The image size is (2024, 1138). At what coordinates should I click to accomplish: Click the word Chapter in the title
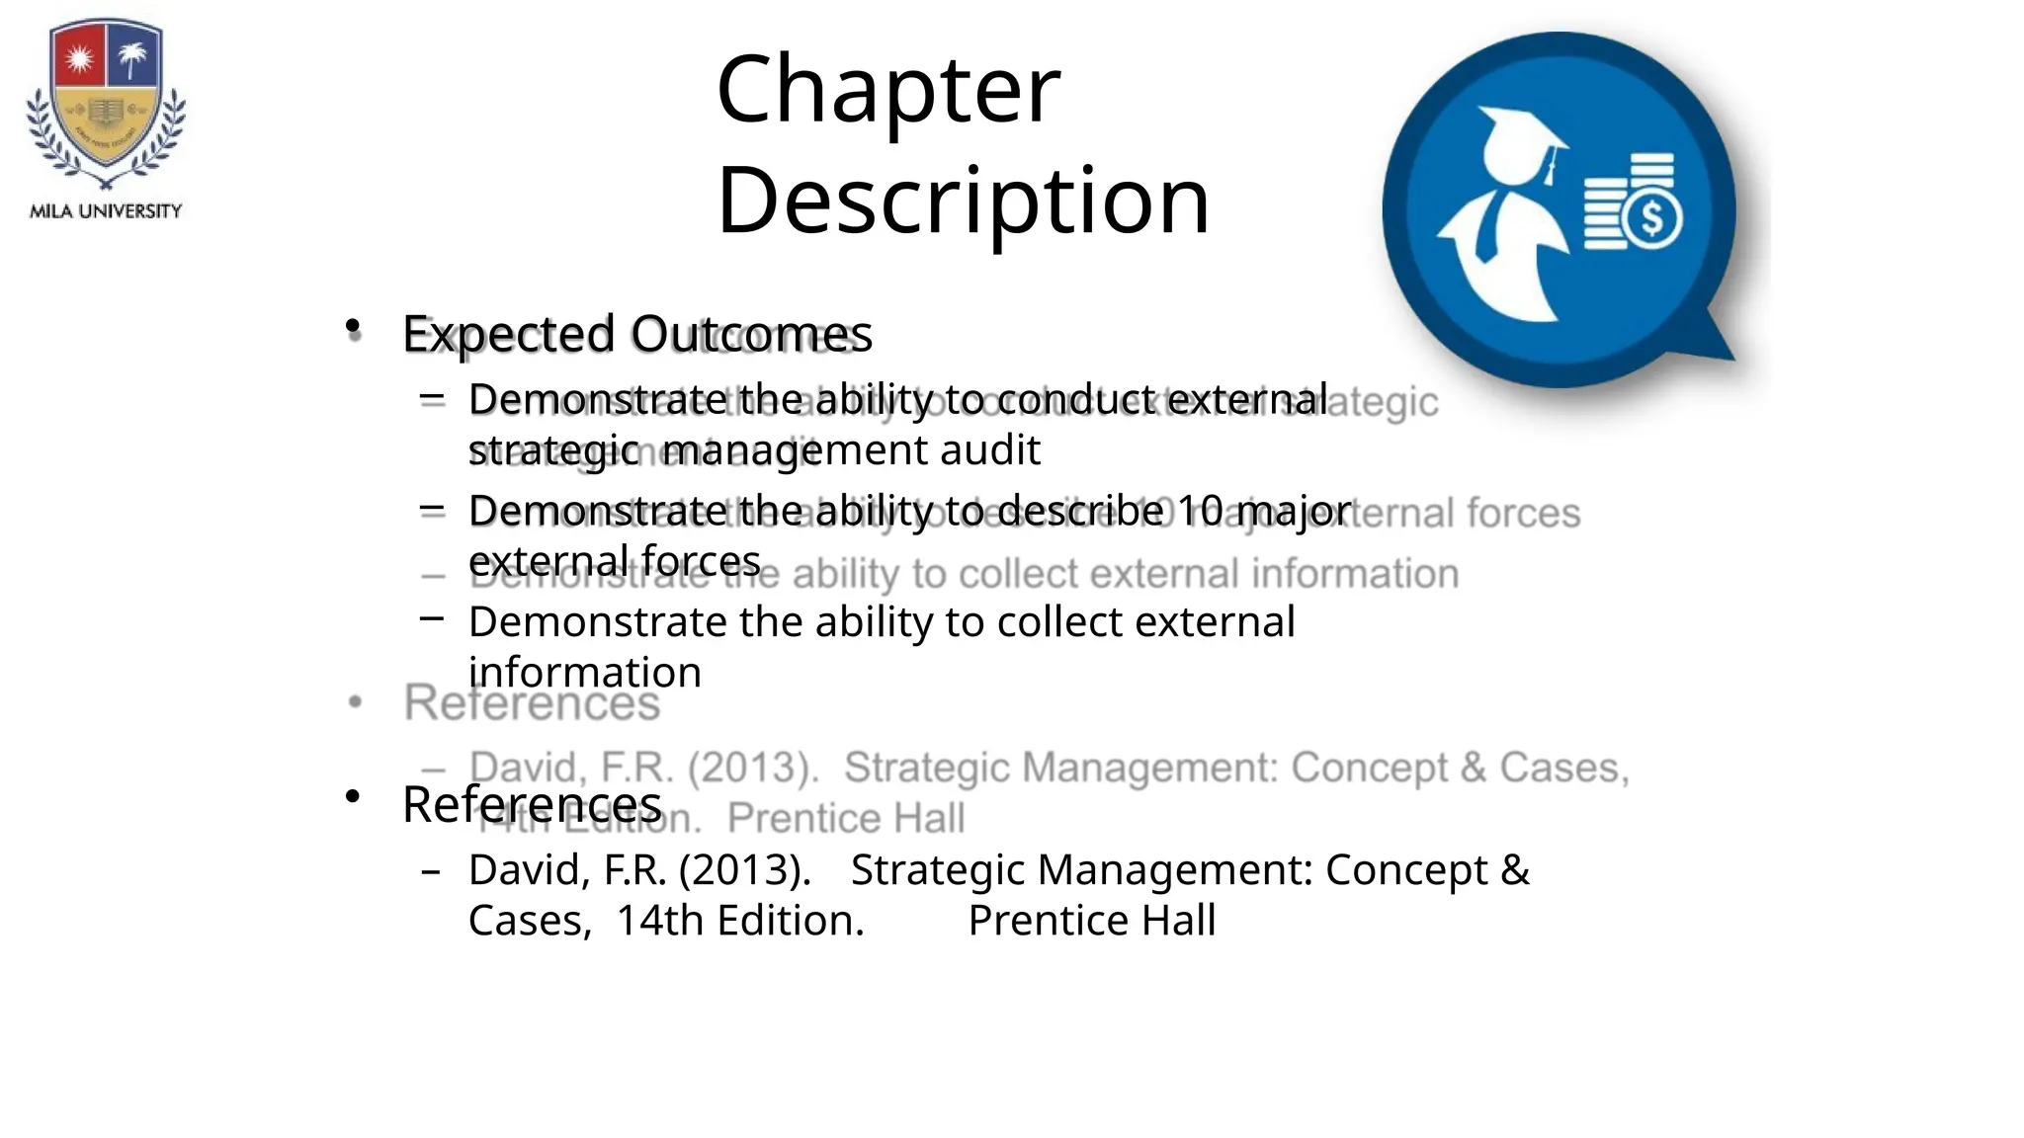pyautogui.click(x=887, y=91)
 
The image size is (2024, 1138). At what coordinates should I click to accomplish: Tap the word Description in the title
pyautogui.click(x=963, y=202)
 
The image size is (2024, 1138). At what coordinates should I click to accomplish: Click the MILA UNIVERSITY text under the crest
pyautogui.click(x=106, y=211)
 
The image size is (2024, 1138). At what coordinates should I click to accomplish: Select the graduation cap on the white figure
pyautogui.click(x=1518, y=138)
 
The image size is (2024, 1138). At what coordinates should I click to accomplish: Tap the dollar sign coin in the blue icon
pyautogui.click(x=1652, y=216)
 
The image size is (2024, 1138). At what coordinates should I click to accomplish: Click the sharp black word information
pyautogui.click(x=584, y=673)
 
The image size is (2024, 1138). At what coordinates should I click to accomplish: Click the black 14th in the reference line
pyautogui.click(x=659, y=921)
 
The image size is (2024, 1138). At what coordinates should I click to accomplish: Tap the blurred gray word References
pyautogui.click(x=532, y=703)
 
